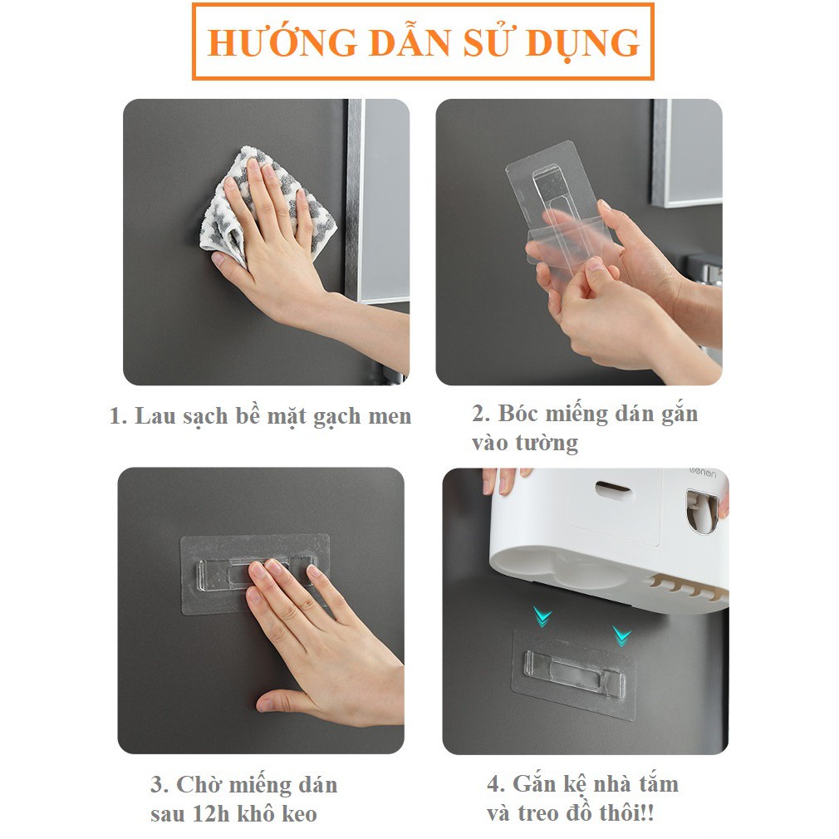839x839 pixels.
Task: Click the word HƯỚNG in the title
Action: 282,42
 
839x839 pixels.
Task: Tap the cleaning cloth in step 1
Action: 267,206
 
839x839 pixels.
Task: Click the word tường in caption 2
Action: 547,443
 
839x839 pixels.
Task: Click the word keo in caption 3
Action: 299,814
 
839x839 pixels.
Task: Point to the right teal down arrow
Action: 621,635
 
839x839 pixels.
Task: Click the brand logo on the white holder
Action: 702,473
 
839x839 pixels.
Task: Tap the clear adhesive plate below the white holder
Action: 574,674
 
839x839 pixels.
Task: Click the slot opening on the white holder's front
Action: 613,489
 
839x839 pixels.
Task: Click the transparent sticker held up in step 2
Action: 557,209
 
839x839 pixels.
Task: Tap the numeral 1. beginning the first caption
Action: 118,416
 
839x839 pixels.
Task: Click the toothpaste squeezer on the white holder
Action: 702,512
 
